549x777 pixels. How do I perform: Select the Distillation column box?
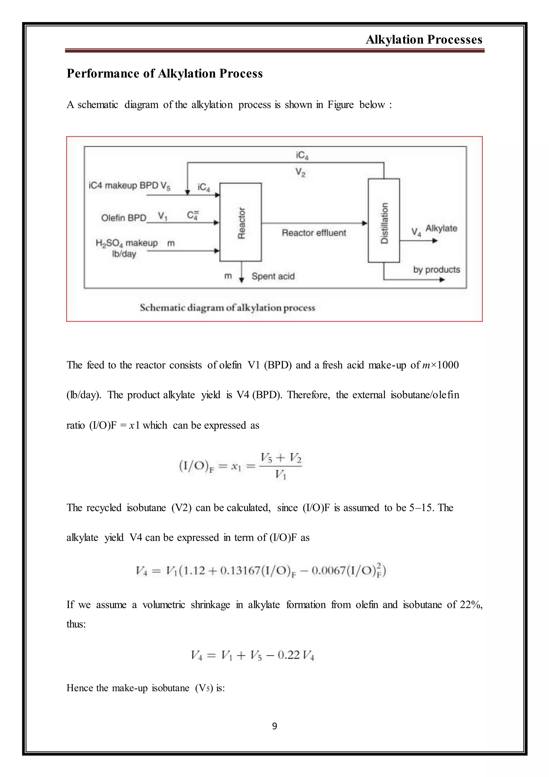[x=384, y=221]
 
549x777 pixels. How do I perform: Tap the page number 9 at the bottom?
[x=274, y=726]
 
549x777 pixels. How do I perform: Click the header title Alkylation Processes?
[x=424, y=40]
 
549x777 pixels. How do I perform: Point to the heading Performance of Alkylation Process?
[x=165, y=74]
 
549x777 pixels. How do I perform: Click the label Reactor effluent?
[x=314, y=233]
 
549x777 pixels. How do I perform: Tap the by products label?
[x=436, y=270]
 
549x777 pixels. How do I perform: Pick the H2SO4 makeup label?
[x=127, y=243]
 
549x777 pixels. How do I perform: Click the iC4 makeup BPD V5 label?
[x=129, y=185]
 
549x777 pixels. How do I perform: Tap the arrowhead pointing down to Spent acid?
[x=241, y=280]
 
